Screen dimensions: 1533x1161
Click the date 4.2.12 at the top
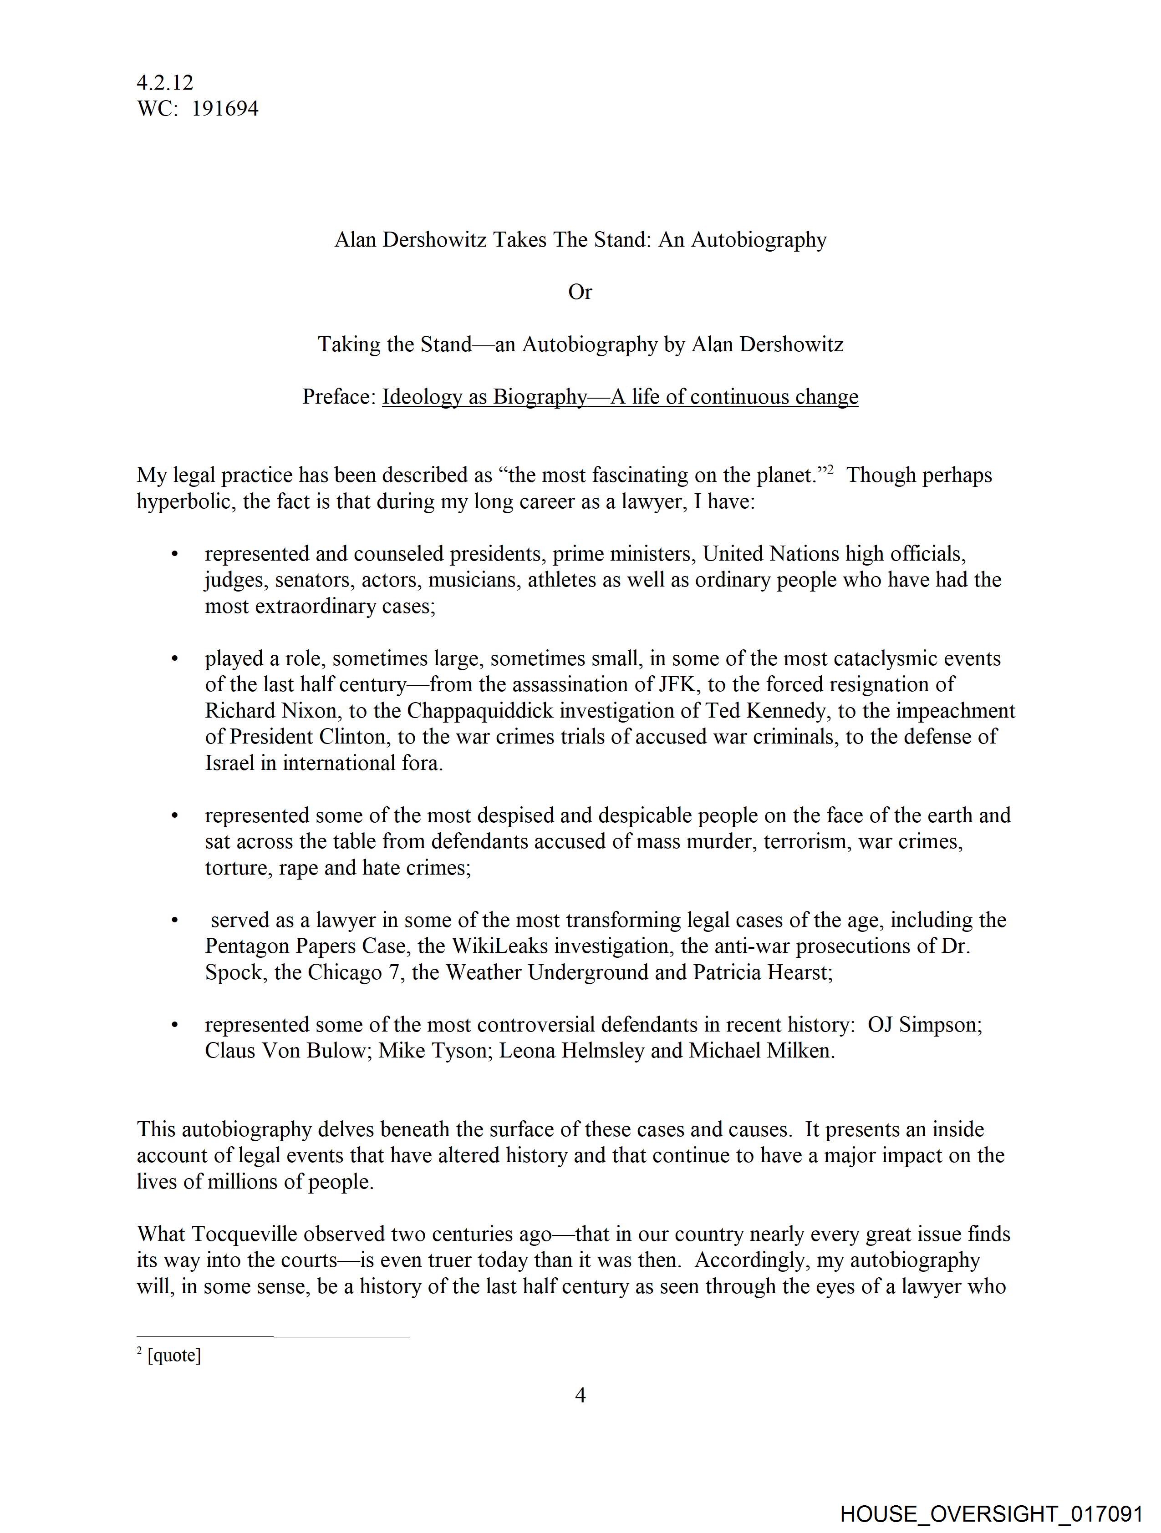pyautogui.click(x=165, y=82)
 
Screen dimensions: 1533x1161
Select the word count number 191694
pyautogui.click(x=225, y=109)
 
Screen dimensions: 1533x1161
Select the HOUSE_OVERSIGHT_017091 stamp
pyautogui.click(x=992, y=1513)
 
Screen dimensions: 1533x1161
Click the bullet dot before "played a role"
pyautogui.click(x=175, y=658)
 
